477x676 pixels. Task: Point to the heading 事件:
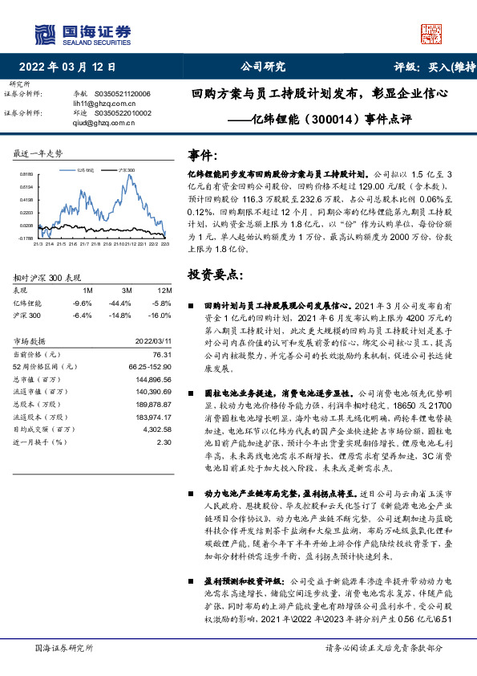point(202,154)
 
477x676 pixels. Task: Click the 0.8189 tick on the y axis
point(26,173)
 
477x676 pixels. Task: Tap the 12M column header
point(165,289)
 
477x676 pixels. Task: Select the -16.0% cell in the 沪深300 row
point(163,316)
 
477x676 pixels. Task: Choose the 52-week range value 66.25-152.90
point(150,366)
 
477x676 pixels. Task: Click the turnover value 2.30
point(164,442)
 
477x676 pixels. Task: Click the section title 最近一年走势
point(38,153)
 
